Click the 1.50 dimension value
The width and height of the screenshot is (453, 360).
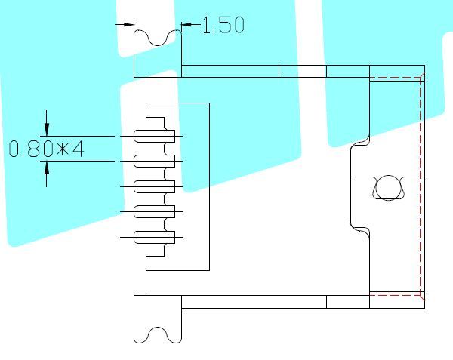point(224,25)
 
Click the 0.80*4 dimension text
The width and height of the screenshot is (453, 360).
point(46,149)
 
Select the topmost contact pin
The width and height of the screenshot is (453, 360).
point(155,136)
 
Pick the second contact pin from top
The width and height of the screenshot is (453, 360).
point(155,161)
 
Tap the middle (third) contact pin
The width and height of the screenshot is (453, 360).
point(155,186)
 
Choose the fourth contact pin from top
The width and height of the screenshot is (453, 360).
point(155,211)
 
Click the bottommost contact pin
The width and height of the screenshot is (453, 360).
point(155,237)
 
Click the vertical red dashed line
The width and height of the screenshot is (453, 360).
point(420,186)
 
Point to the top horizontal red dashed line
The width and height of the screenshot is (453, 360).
point(395,78)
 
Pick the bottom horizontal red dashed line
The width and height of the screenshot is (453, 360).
point(395,295)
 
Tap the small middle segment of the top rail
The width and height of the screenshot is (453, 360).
point(303,71)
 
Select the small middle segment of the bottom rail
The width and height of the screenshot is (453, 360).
point(303,302)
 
